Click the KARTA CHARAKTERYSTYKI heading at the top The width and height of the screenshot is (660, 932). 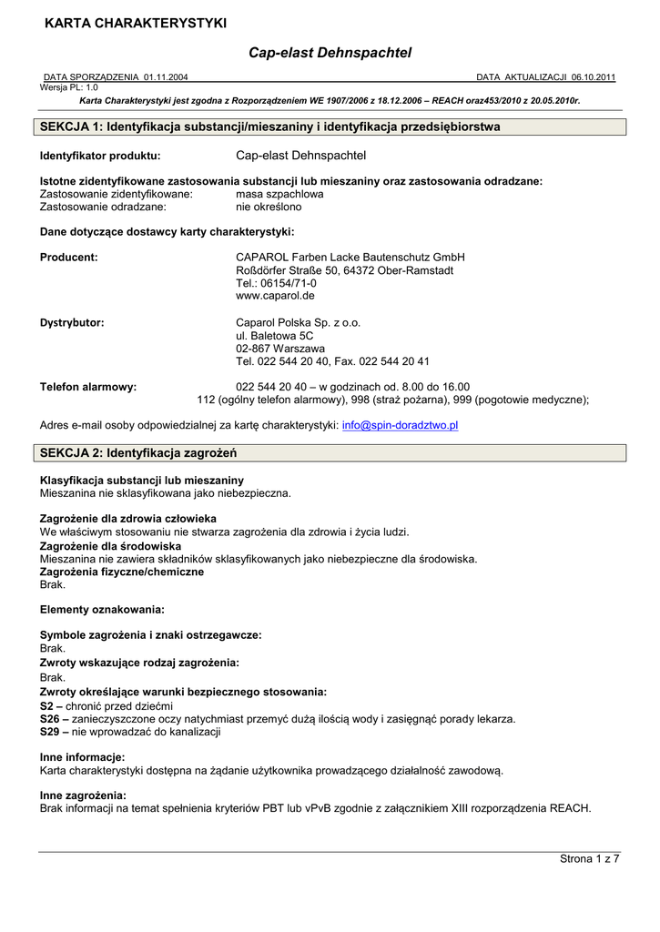coord(136,23)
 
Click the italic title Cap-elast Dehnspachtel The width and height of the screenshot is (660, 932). coord(330,54)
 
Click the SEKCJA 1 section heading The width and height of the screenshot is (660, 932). coord(270,127)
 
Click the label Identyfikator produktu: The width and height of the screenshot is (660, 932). coord(100,156)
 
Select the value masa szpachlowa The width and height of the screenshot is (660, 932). coord(279,194)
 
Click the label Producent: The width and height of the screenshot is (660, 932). coord(69,258)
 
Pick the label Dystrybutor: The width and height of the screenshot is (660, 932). coord(72,322)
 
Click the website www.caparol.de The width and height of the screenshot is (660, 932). coord(275,296)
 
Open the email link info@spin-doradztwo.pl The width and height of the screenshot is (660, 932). coord(400,425)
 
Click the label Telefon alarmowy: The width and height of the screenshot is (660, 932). coord(88,387)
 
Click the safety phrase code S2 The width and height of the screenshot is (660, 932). coord(46,706)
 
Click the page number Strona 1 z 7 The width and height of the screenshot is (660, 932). coord(589,859)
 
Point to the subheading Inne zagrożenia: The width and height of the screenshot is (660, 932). coord(83,795)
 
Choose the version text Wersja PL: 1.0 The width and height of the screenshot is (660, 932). coord(69,87)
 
